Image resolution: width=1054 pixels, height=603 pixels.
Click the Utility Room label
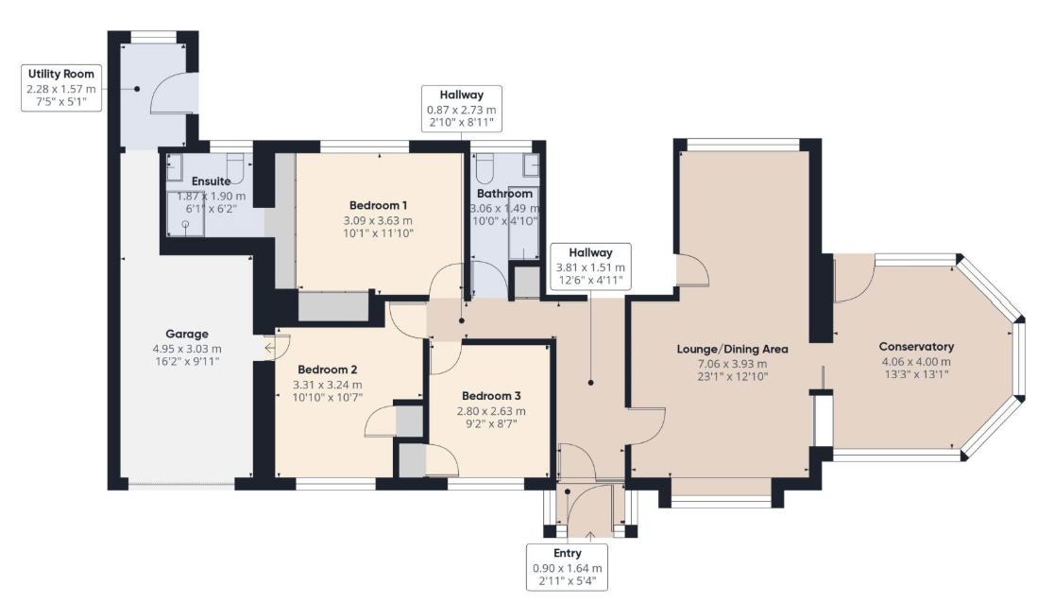[x=61, y=74]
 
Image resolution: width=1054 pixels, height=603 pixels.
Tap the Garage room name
[x=187, y=334]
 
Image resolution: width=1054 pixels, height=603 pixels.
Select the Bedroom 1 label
[x=378, y=205]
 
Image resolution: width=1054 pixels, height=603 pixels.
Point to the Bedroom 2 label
[x=328, y=370]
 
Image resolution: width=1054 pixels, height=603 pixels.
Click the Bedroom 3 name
[x=491, y=396]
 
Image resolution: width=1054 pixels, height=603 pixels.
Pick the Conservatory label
[x=916, y=347]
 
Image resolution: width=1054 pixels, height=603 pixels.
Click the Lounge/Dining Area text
[x=732, y=350]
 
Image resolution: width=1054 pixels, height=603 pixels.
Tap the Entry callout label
[x=568, y=553]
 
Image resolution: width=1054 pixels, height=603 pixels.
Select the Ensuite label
[x=211, y=181]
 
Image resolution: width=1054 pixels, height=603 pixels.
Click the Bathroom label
[x=505, y=194]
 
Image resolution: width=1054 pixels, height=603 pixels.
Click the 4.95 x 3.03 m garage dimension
[x=187, y=349]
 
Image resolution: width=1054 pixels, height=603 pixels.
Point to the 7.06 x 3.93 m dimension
[x=732, y=364]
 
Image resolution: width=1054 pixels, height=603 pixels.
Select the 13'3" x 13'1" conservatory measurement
[x=916, y=375]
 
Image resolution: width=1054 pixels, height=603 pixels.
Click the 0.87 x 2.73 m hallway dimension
[x=462, y=110]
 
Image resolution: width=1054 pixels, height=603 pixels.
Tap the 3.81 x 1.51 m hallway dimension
[x=590, y=267]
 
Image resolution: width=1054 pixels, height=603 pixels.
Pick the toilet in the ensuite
[x=235, y=167]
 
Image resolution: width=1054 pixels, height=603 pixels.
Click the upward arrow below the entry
[x=591, y=537]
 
